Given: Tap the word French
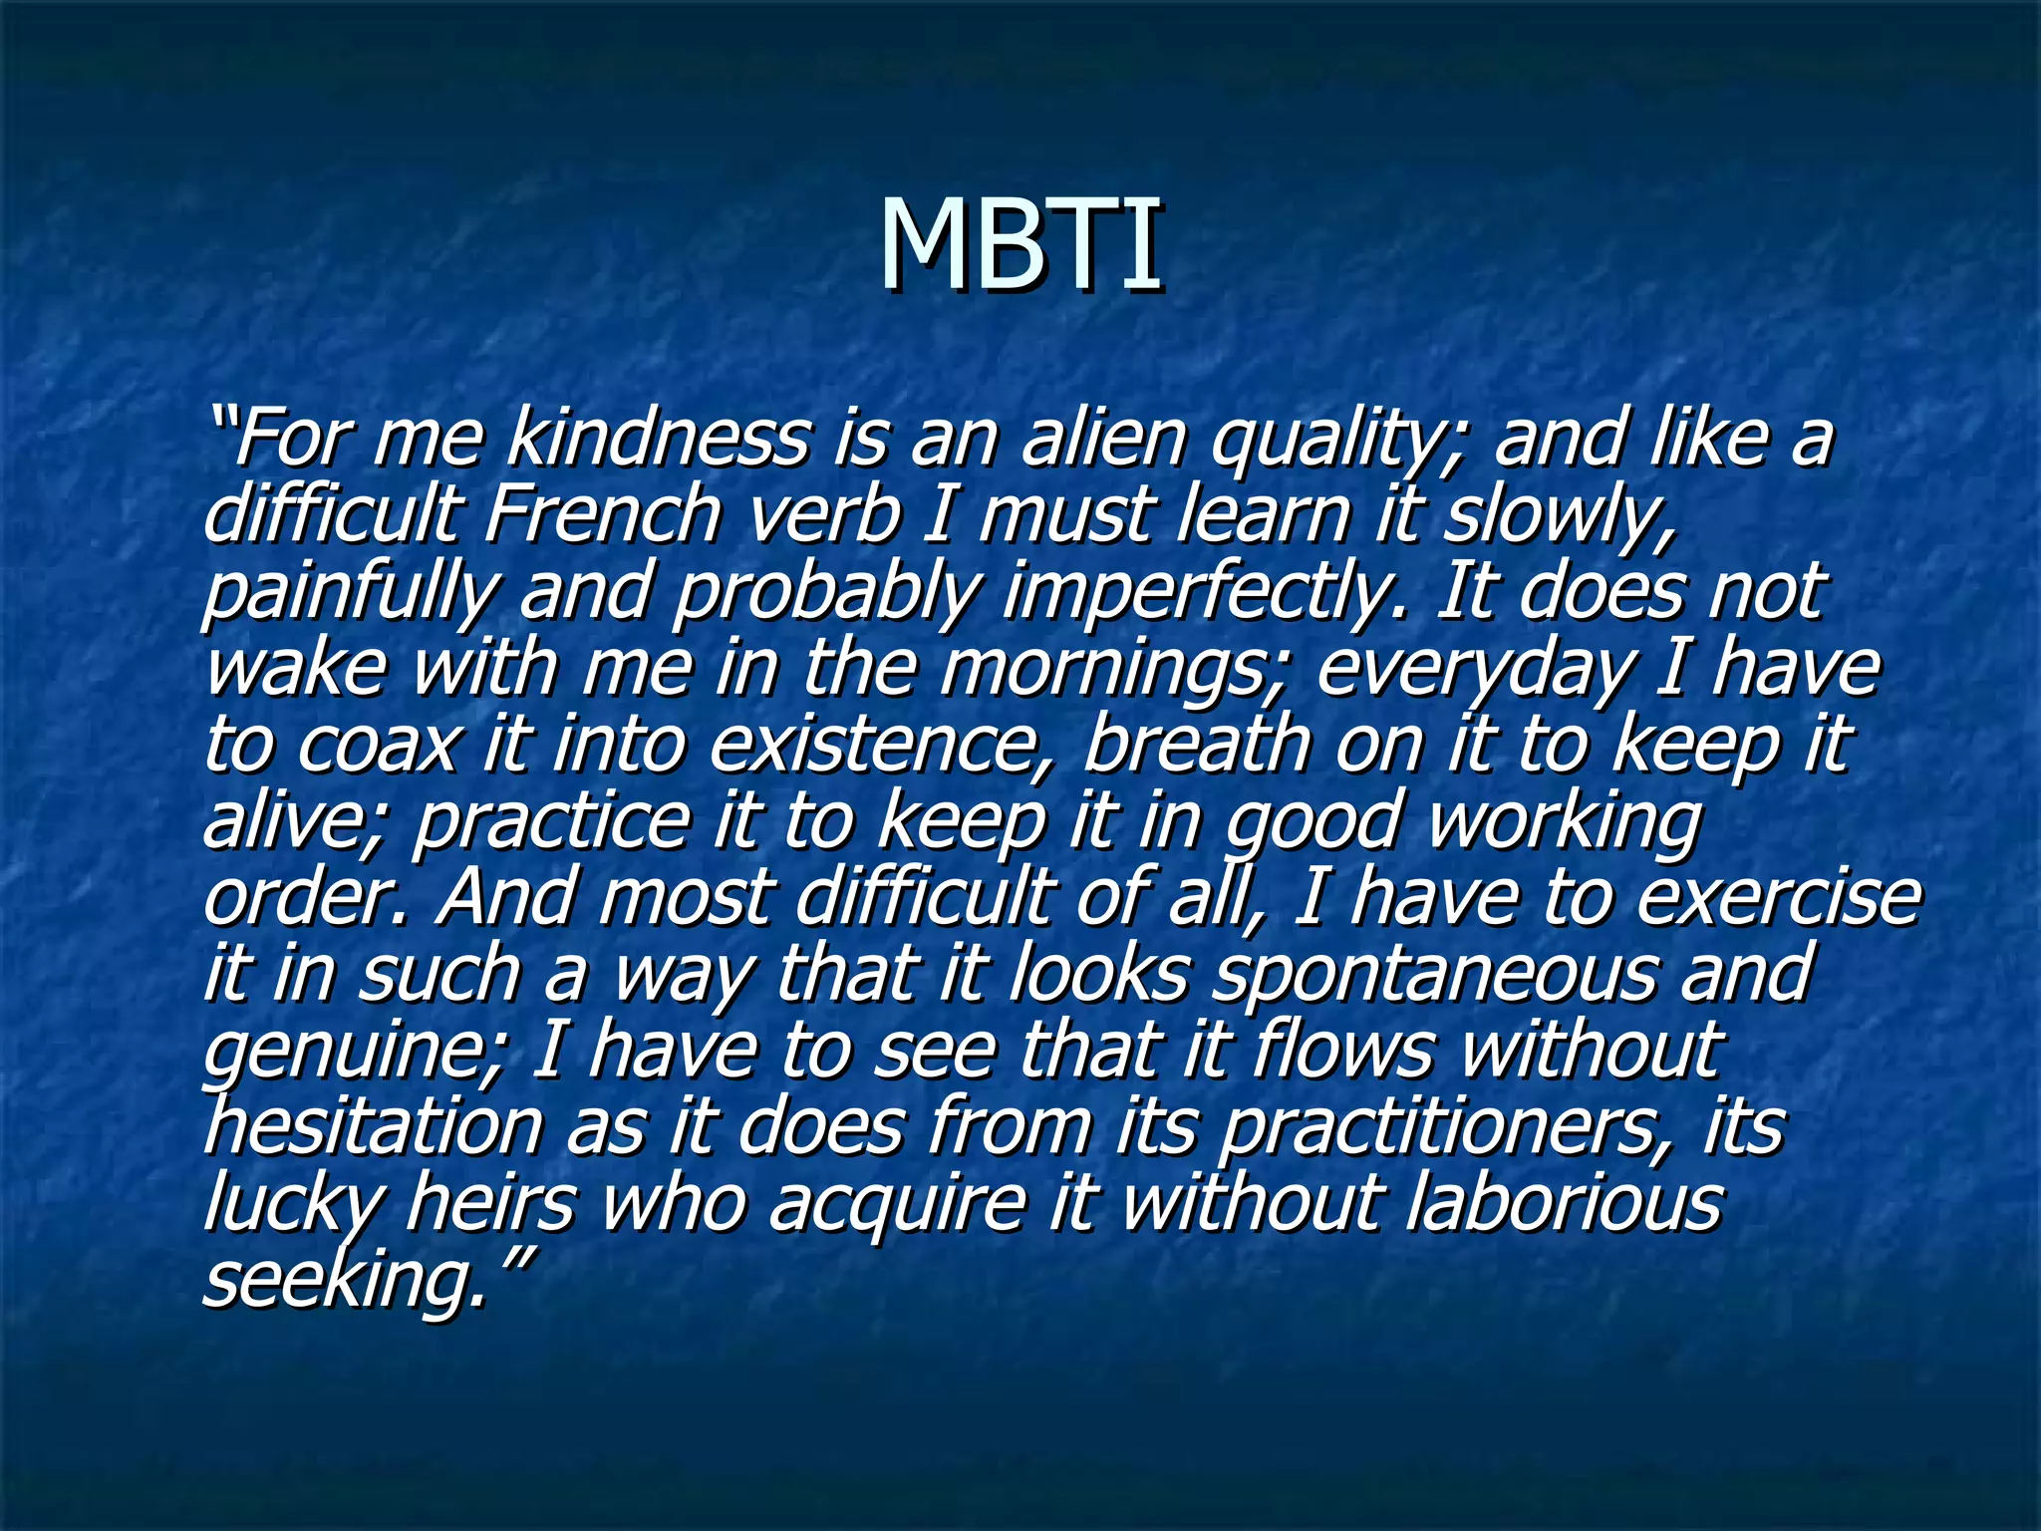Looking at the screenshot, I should pos(602,515).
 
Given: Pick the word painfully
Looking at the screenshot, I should pos(348,592).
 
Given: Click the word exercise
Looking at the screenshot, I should pos(1778,897).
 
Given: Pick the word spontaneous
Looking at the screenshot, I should pos(1436,974).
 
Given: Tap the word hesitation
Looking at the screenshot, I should pos(374,1127).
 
